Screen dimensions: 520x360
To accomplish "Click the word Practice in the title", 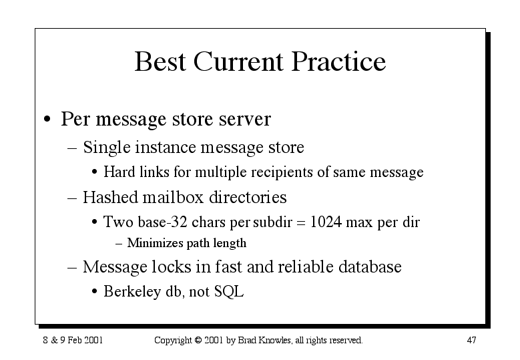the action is (x=338, y=61).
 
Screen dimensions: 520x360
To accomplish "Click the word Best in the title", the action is (x=160, y=61).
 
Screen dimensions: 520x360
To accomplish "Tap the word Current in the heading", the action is (x=238, y=61).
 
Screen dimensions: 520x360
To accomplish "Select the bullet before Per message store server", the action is (x=47, y=119).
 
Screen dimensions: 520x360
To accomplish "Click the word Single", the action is (x=106, y=148).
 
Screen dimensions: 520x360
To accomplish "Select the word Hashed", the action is (x=110, y=198).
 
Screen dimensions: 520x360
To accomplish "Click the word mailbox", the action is (x=173, y=198).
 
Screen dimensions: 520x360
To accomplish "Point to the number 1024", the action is (x=326, y=222).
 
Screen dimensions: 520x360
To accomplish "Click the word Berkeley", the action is (x=132, y=292).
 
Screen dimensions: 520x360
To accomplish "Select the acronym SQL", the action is (x=229, y=292).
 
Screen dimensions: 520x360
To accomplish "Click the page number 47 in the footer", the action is (x=471, y=340).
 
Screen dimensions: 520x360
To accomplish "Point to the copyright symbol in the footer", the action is (x=198, y=340).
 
